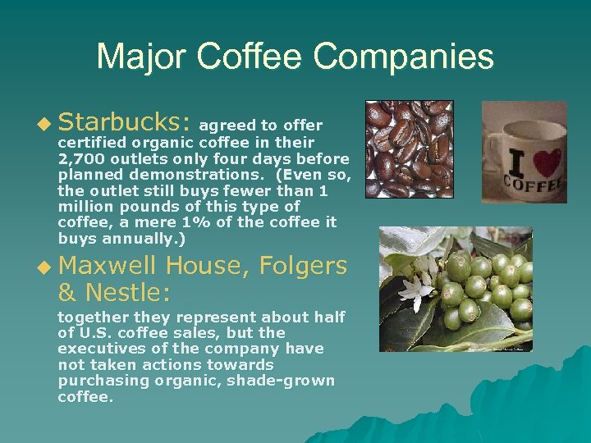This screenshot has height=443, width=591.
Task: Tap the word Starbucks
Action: [125, 122]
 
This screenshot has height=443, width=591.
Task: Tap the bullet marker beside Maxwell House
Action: [44, 267]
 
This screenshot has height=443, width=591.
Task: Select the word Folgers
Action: [303, 265]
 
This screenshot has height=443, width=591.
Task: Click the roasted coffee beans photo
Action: [409, 148]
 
